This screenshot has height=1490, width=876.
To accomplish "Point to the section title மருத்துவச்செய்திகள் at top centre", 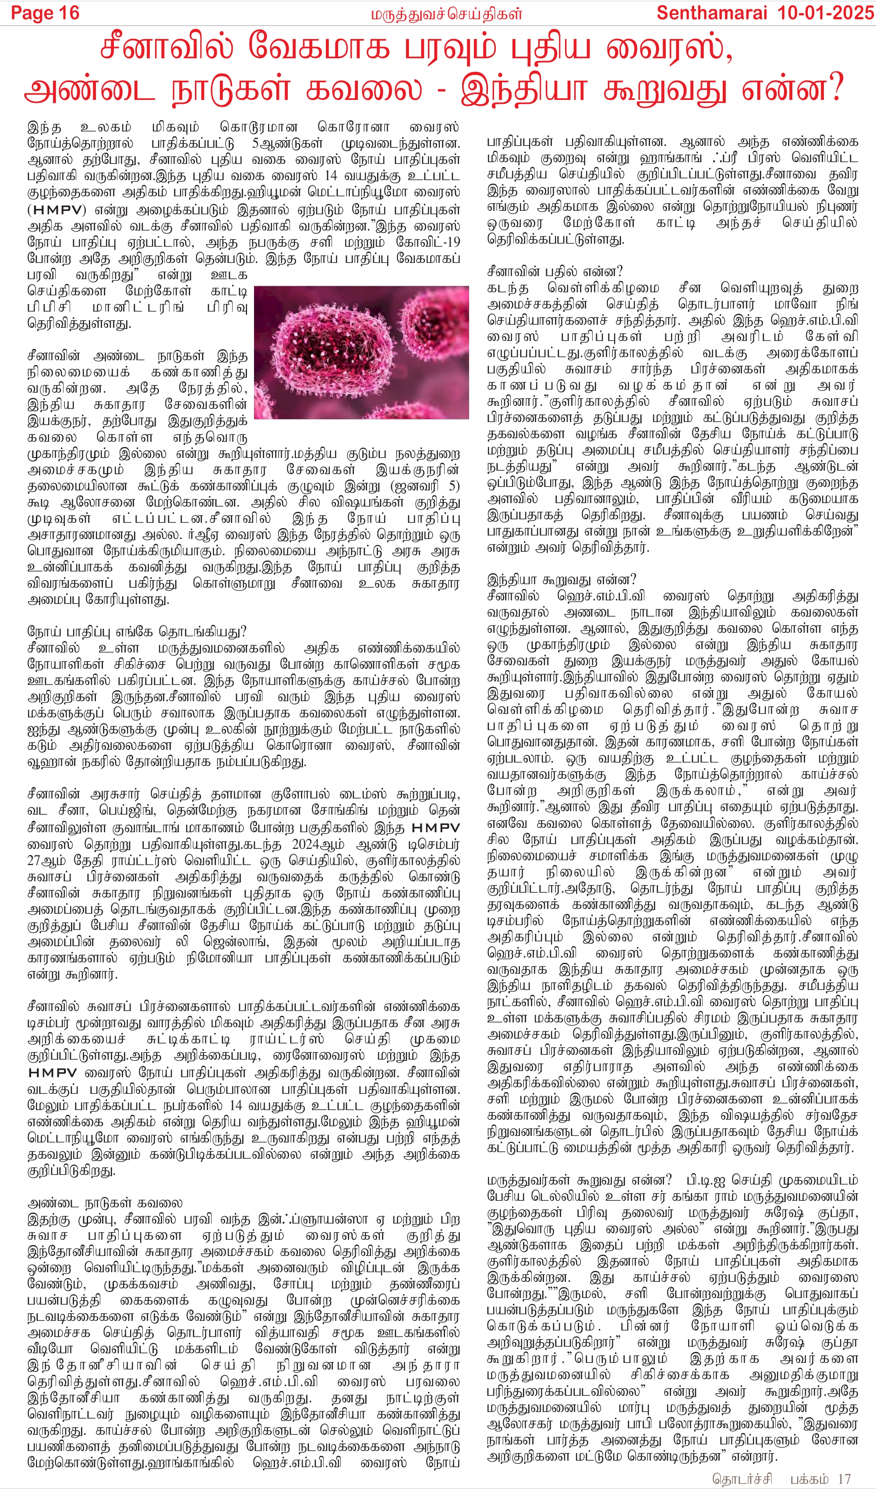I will point(447,14).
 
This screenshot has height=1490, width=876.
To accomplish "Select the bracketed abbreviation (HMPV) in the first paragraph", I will point(57,210).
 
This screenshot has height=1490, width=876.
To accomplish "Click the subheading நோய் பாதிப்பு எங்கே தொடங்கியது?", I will point(137,631).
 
